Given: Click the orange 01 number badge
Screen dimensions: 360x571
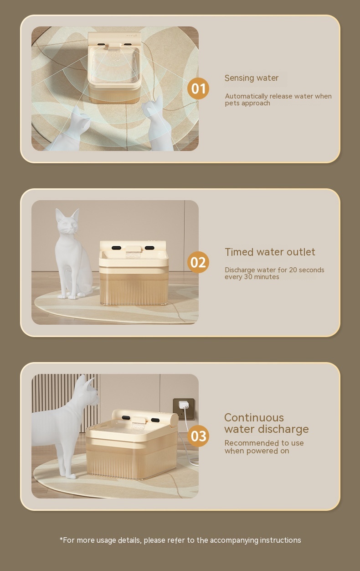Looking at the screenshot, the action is pos(198,88).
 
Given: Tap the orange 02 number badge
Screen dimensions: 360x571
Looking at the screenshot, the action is pos(198,262).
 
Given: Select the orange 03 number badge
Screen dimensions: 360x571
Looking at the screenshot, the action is pos(198,436).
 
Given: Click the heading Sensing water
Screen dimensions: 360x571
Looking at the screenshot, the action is pos(252,78).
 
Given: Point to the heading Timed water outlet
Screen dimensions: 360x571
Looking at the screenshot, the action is pos(270,252).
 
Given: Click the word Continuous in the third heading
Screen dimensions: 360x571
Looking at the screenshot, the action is pos(254,418).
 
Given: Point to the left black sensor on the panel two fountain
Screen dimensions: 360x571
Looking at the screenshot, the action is pos(116,248).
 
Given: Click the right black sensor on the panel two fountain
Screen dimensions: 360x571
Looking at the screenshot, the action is pos(149,248).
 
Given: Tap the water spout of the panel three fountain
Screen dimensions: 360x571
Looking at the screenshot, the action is pos(139,425).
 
